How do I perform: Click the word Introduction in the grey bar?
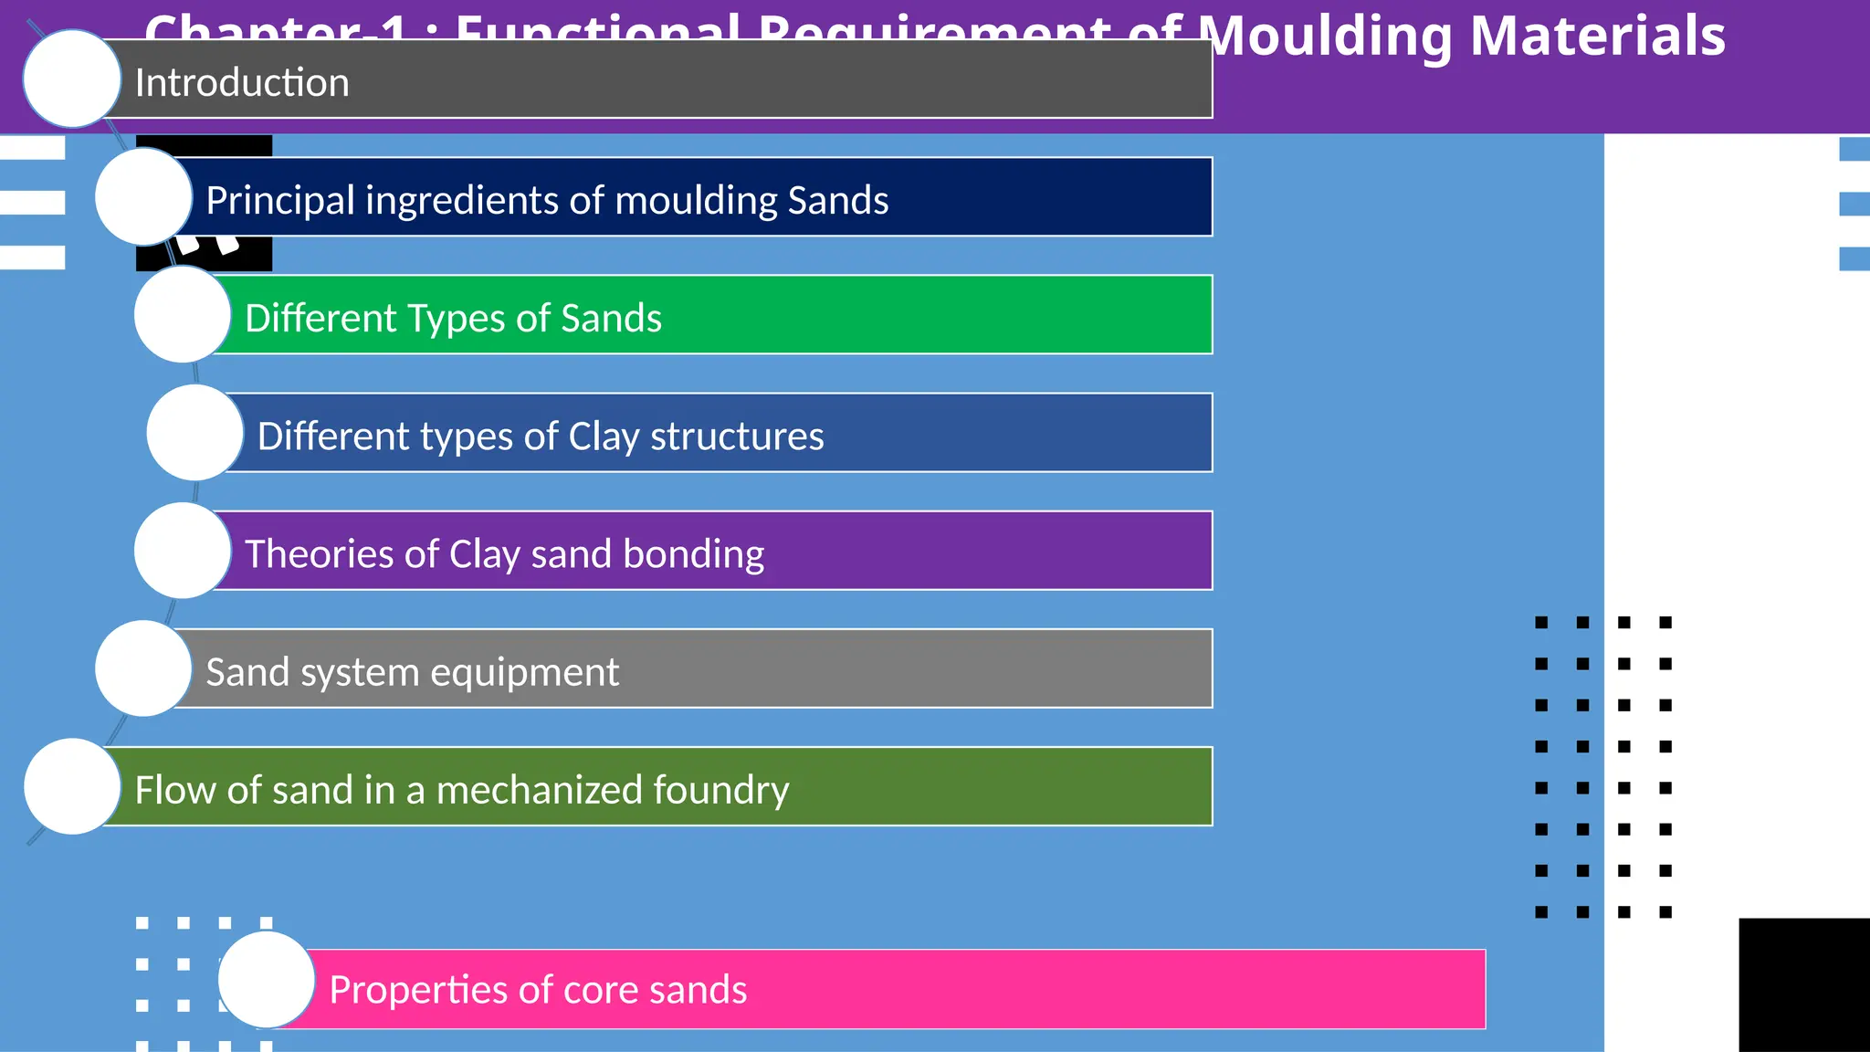pyautogui.click(x=242, y=83)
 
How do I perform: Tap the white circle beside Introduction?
pyautogui.click(x=72, y=79)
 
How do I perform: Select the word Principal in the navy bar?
pyautogui.click(x=279, y=201)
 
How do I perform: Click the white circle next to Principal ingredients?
pyautogui.click(x=143, y=196)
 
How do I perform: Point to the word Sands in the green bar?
pyautogui.click(x=611, y=319)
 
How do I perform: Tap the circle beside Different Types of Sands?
pyautogui.click(x=183, y=314)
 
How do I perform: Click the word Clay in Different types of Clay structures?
pyautogui.click(x=603, y=437)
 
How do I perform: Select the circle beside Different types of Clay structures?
pyautogui.click(x=195, y=432)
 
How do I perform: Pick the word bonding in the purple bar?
pyautogui.click(x=694, y=554)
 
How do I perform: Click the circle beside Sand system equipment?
pyautogui.click(x=143, y=668)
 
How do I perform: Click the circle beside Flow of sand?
pyautogui.click(x=72, y=786)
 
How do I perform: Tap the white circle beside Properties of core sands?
pyautogui.click(x=267, y=980)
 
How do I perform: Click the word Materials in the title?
pyautogui.click(x=1598, y=37)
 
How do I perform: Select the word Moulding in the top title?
pyautogui.click(x=1324, y=37)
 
